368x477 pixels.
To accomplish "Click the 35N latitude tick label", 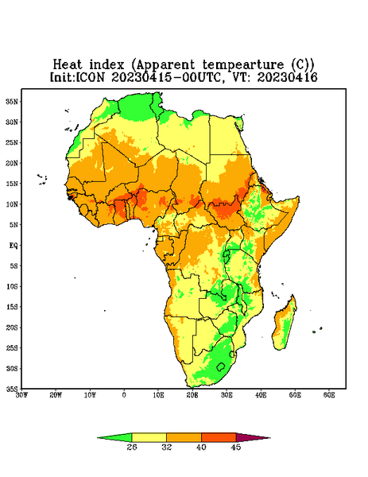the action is point(12,101).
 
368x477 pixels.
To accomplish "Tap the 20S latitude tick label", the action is point(12,328).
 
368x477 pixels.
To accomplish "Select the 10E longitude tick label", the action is point(158,395).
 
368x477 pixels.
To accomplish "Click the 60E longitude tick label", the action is point(329,395).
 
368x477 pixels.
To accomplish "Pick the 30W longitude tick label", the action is point(21,395).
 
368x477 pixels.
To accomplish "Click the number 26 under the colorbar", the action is point(132,447).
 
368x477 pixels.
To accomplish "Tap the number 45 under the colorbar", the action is point(236,447).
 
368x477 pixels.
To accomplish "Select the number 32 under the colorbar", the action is point(167,447).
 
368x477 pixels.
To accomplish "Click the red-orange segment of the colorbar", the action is point(219,437).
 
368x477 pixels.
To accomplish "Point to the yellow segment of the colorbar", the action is point(149,437).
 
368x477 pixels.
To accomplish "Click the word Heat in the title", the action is point(68,65).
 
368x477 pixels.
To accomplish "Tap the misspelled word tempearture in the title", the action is point(242,65).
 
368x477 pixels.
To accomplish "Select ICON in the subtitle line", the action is point(90,77).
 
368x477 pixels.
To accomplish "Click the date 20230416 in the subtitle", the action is point(288,77).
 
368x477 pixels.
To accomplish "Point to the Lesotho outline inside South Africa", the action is point(221,366).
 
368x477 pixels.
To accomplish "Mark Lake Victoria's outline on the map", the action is point(226,254).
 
